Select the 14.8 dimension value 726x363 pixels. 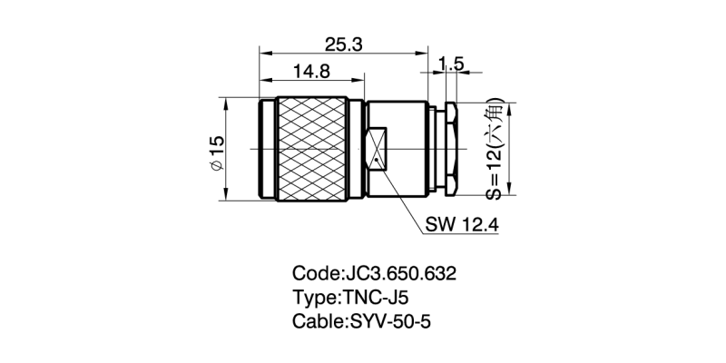point(311,70)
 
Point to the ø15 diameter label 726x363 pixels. point(216,149)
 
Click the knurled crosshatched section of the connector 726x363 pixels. point(311,149)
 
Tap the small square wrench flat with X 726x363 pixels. point(378,149)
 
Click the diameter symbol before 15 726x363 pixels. point(216,165)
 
